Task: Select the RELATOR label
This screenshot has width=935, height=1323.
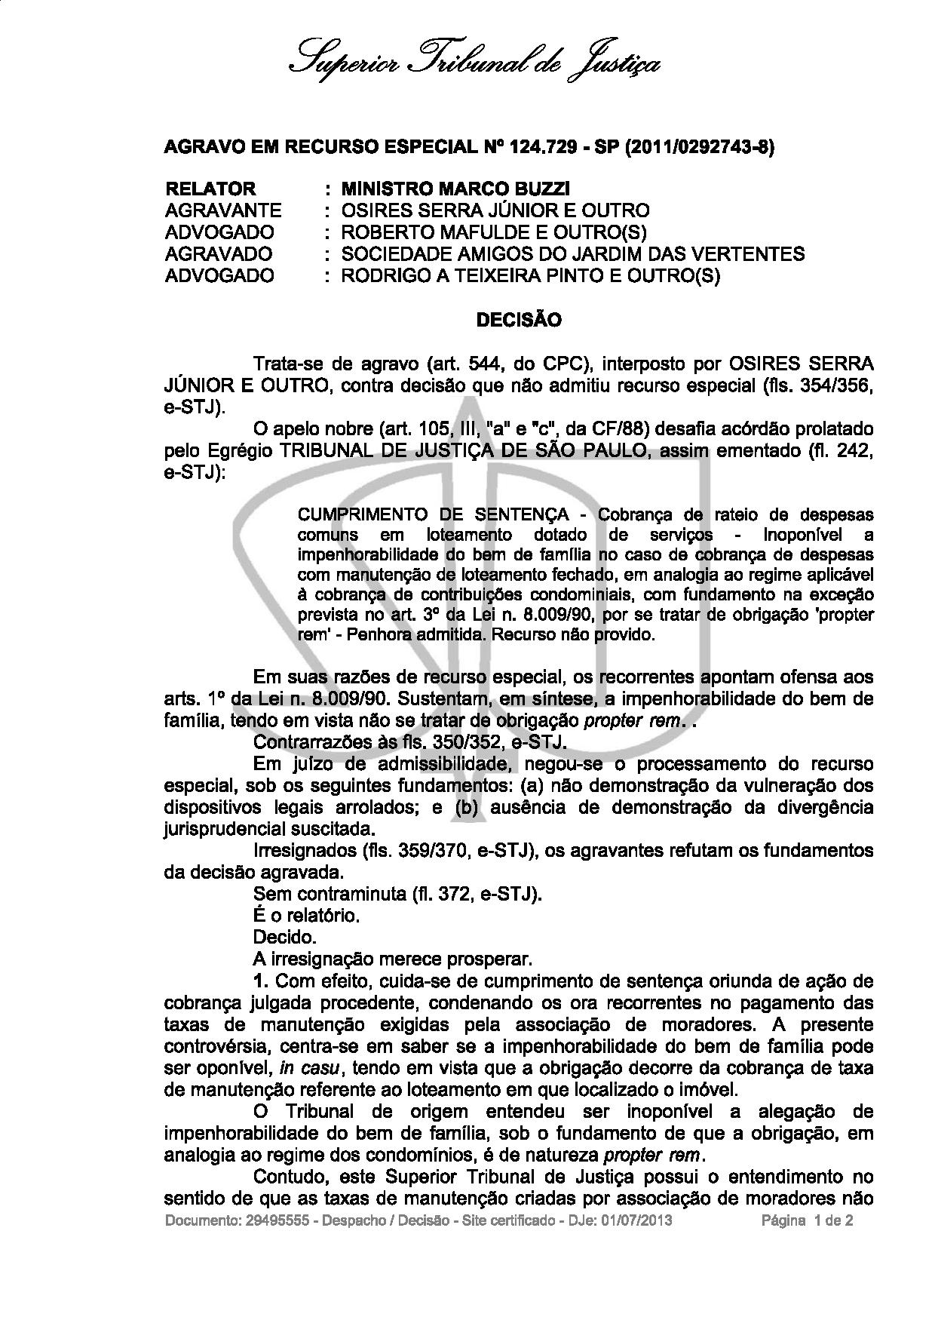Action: pos(210,189)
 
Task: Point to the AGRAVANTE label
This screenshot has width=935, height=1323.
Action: pos(222,210)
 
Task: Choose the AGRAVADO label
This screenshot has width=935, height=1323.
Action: pos(218,254)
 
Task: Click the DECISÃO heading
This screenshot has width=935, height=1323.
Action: pos(519,320)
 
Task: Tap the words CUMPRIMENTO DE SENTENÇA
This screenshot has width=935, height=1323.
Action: pos(434,514)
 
